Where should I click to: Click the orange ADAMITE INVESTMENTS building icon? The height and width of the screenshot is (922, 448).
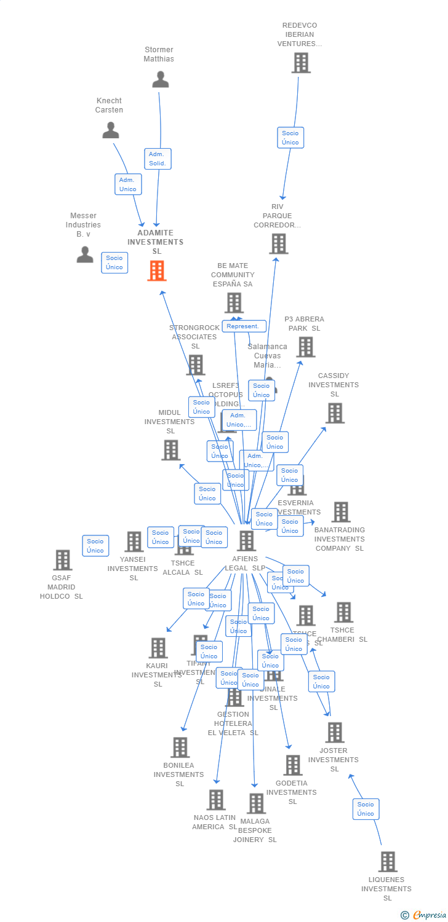(157, 270)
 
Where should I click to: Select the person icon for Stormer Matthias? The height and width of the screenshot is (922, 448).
(160, 79)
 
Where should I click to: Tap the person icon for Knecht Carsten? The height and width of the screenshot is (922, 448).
(111, 130)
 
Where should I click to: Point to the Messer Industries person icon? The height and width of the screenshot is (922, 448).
(85, 254)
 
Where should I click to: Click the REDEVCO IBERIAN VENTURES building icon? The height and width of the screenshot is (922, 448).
(301, 63)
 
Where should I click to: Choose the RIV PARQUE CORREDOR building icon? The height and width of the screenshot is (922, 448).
(278, 244)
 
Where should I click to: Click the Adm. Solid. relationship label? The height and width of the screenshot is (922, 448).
(158, 159)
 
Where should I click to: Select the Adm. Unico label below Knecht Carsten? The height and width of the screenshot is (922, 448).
(128, 184)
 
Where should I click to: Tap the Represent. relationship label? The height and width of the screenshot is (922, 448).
(244, 326)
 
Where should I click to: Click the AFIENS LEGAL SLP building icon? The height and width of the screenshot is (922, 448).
(246, 541)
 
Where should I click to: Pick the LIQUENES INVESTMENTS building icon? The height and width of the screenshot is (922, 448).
(387, 862)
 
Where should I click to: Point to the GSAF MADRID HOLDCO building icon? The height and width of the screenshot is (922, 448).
(62, 560)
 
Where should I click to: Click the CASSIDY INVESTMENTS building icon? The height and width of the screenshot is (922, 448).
(334, 413)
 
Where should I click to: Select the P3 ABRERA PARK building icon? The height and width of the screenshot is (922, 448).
(305, 347)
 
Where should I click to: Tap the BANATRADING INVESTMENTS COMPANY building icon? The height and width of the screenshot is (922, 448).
(340, 512)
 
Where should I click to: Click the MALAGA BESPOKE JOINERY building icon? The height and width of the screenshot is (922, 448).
(255, 803)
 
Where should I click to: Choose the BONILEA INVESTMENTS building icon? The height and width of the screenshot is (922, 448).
(180, 747)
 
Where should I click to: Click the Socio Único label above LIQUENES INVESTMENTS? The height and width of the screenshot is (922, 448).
(366, 809)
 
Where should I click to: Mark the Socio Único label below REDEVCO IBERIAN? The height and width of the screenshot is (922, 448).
(290, 138)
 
